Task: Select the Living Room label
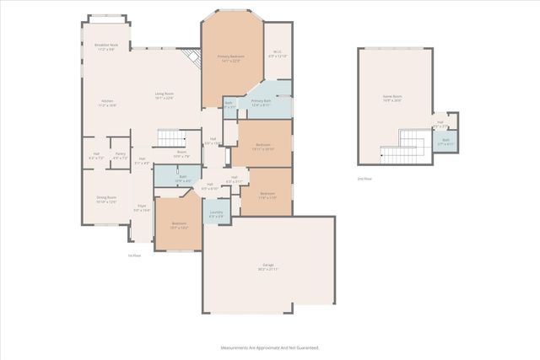coord(164,94)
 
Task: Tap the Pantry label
coord(121,155)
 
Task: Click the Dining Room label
coord(106,200)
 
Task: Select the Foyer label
coord(143,207)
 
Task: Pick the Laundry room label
coord(216,214)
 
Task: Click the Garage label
coord(268,267)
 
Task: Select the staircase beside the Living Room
coord(171,136)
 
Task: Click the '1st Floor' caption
coord(133,255)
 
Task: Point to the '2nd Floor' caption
coord(364,179)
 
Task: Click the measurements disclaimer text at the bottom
coord(270,347)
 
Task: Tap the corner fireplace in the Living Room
coord(195,56)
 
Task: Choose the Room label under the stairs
coord(181,154)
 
